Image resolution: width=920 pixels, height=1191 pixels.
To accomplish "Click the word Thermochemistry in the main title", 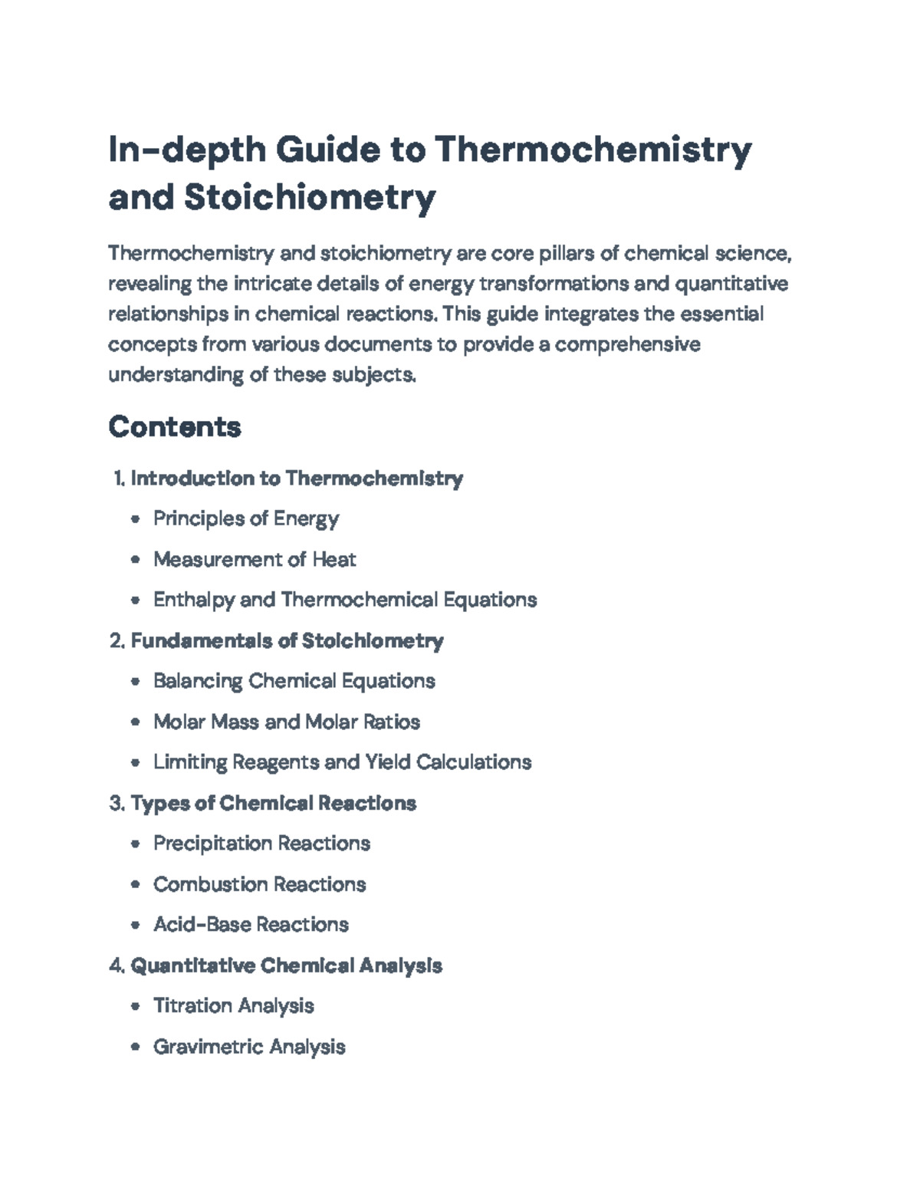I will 593,150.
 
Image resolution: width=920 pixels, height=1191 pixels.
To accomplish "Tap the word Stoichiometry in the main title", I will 310,197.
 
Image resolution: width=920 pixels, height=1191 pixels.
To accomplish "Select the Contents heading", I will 175,426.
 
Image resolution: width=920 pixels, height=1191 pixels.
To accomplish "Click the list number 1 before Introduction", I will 118,479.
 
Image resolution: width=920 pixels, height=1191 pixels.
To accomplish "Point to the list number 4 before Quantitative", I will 117,966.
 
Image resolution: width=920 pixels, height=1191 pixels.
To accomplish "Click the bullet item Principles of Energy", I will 245,518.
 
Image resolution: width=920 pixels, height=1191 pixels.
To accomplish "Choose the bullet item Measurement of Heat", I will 255,559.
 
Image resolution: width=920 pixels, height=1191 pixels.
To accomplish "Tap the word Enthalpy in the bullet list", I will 194,600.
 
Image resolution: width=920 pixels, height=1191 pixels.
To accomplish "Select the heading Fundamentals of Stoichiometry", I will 287,640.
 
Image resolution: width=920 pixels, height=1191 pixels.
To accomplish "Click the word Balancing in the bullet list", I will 198,681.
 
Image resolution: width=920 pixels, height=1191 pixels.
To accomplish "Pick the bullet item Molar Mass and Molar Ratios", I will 286,722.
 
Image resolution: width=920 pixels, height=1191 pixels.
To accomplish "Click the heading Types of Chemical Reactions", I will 273,803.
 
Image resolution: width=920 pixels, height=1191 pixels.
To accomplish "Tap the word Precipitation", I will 212,844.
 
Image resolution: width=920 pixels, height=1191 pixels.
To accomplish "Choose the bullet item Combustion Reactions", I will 259,884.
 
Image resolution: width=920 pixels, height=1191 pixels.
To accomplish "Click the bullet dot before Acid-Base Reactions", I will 136,925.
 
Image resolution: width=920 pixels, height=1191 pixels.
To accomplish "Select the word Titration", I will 190,1005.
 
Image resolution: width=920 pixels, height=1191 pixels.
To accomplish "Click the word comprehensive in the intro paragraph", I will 627,344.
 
